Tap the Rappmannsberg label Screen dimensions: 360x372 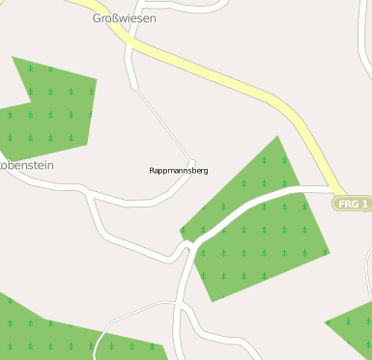tap(179, 170)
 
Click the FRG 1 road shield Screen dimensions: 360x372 tap(353, 204)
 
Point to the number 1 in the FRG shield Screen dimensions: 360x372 tap(365, 204)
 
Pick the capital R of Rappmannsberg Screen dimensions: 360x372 tap(153, 170)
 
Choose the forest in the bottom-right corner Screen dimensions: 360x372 tap(354, 328)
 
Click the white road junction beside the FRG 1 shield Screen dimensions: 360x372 tap(333, 188)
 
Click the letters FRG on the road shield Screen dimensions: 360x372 tap(349, 204)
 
